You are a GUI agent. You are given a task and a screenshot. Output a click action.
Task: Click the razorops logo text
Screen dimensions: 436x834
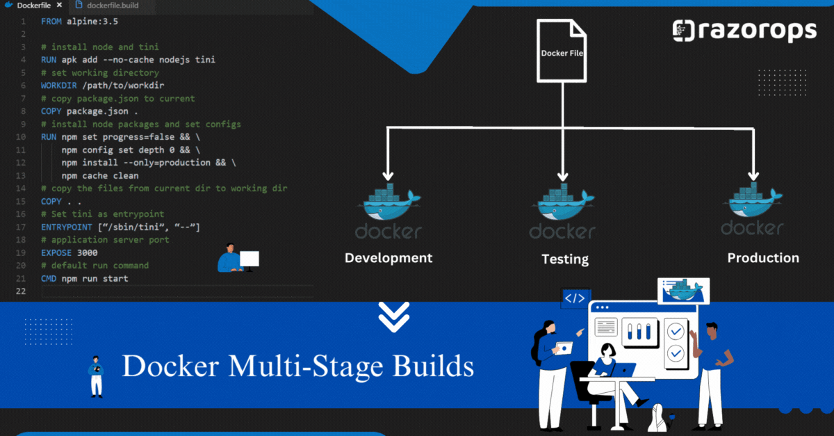[x=754, y=31]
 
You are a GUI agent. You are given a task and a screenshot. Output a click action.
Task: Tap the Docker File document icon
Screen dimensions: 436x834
[x=562, y=50]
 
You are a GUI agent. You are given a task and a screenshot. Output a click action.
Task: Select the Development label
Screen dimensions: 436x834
[x=389, y=258]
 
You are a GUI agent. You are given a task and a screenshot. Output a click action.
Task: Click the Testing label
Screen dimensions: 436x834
[x=565, y=259]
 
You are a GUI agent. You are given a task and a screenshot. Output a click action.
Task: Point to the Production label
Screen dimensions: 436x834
[x=763, y=258]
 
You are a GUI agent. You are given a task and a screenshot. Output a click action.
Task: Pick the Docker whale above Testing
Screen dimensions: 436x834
[x=564, y=203]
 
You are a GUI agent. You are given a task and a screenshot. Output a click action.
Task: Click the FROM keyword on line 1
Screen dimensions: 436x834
[x=51, y=22]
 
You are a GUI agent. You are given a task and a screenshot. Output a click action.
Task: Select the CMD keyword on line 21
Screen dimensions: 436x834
[x=49, y=279]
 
